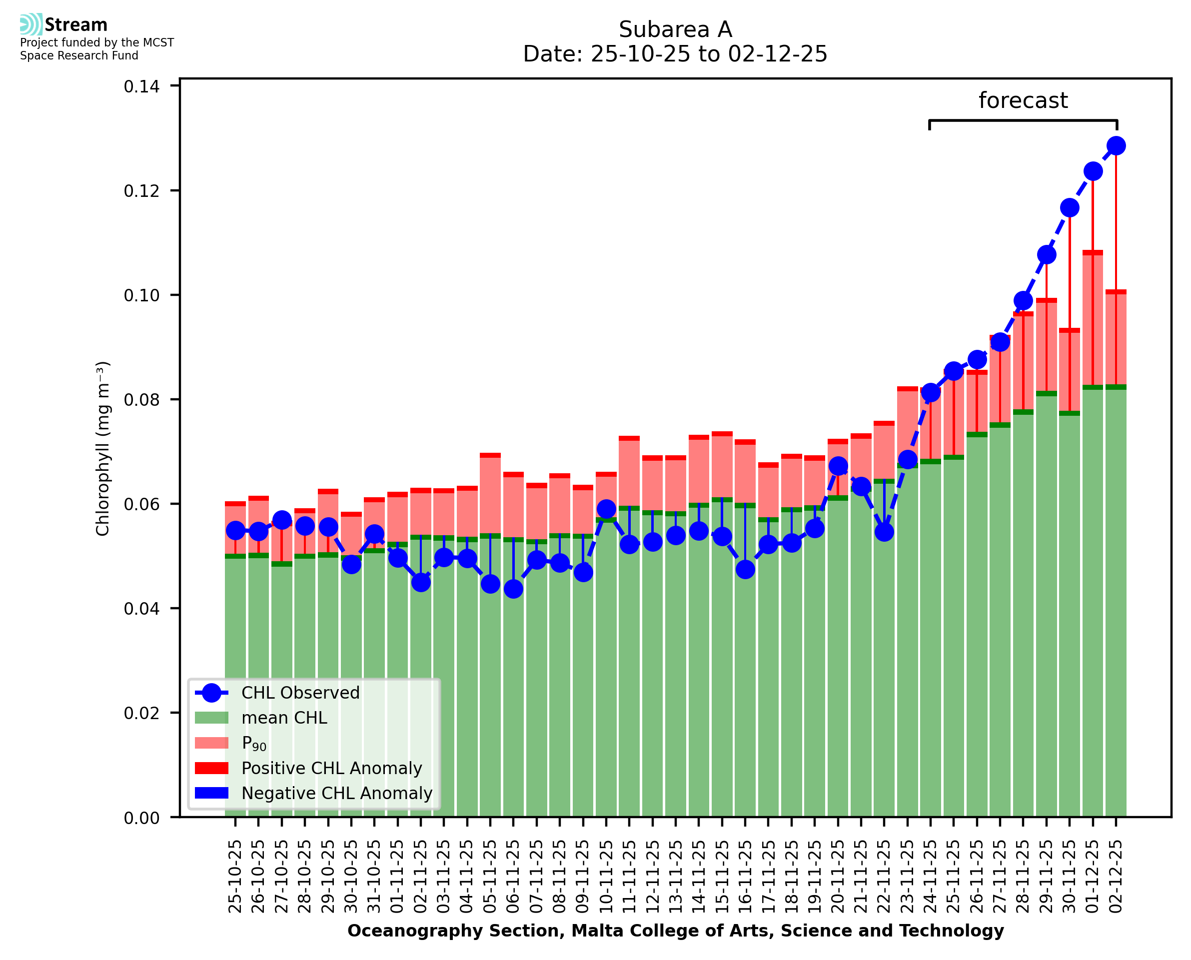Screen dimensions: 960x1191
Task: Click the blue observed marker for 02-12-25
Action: (x=1116, y=146)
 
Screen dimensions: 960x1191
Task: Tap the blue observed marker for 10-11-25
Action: (x=606, y=509)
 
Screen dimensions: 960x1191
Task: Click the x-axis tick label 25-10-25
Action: (x=235, y=876)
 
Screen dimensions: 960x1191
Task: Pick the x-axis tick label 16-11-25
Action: (x=745, y=876)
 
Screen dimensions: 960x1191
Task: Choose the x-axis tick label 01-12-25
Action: (x=1093, y=876)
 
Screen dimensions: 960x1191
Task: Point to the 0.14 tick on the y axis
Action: (x=141, y=87)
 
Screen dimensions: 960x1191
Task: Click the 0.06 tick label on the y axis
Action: (x=141, y=504)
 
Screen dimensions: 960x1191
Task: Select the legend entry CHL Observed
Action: (x=300, y=693)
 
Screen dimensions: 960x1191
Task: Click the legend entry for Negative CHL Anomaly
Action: (x=337, y=793)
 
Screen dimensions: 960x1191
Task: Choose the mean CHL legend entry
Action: (x=284, y=718)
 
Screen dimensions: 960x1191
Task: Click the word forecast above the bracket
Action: (x=1023, y=100)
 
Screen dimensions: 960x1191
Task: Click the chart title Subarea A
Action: (x=675, y=29)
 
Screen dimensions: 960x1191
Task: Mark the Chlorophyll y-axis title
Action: (x=103, y=448)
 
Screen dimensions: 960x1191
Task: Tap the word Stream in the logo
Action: (x=76, y=25)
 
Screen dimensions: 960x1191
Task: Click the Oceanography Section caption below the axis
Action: (x=675, y=931)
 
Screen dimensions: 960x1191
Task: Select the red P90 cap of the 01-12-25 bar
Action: (x=1093, y=253)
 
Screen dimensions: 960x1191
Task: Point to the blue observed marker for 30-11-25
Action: (x=1070, y=208)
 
